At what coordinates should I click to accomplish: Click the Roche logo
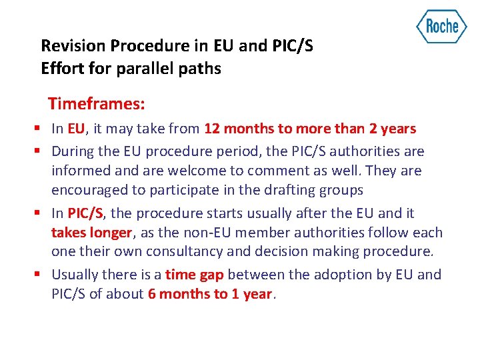click(441, 27)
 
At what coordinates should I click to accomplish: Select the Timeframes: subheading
click(97, 104)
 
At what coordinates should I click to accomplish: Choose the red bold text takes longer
click(91, 233)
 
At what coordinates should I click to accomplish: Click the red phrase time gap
click(195, 275)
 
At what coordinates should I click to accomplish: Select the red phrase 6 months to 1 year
click(210, 294)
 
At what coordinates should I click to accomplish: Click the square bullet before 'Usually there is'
click(42, 275)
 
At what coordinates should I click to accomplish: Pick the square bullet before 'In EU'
click(42, 129)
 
